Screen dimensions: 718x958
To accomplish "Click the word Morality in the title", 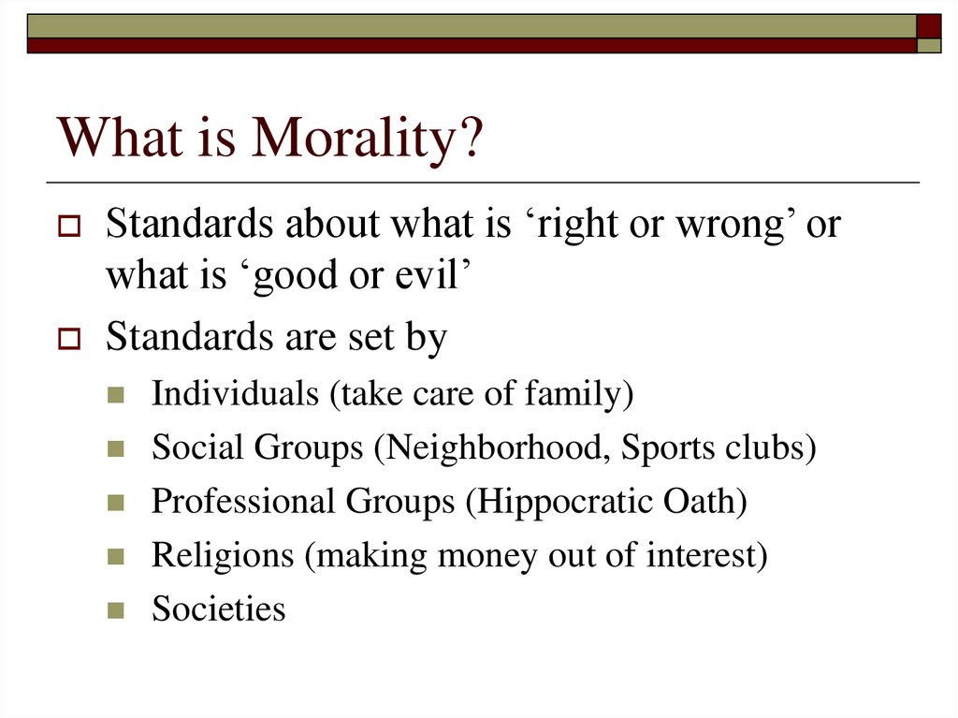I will (368, 138).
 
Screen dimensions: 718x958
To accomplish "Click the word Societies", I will (218, 609).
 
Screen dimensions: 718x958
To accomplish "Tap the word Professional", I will (242, 501).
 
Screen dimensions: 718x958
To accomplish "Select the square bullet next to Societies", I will (116, 610).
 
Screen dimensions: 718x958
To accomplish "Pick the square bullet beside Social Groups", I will (116, 449).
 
